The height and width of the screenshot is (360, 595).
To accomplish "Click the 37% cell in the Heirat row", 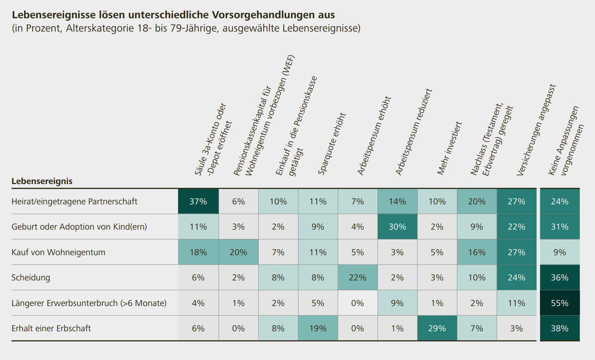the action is [198, 202].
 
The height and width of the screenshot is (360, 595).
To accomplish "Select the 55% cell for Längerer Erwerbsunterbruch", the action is [560, 303].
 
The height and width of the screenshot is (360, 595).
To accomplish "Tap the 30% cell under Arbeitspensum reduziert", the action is [397, 227].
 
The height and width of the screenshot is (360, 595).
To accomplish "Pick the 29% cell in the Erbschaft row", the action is [437, 328].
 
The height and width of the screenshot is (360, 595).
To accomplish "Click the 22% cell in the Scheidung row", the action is [358, 277].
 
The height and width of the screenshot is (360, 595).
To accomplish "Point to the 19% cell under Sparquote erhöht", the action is [318, 328].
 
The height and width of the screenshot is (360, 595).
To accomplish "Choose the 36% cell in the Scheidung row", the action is [560, 277].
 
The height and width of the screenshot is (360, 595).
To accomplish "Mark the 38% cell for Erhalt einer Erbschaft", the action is [560, 328].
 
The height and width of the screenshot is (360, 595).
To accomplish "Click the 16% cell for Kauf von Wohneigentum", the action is [477, 252].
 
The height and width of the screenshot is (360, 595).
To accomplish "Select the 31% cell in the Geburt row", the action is [560, 227].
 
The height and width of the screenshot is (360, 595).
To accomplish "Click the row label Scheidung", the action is [31, 278].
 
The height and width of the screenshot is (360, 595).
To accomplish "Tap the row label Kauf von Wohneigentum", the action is [59, 252].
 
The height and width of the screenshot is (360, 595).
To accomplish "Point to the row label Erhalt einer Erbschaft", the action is [51, 328].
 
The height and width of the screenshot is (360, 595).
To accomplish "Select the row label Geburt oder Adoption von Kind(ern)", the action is [79, 227].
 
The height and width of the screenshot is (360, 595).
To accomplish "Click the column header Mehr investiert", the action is [449, 148].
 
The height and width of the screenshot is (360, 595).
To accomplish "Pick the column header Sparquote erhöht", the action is [332, 144].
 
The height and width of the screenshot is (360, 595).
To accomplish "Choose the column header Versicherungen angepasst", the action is [536, 130].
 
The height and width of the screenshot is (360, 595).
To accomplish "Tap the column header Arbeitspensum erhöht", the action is [374, 136].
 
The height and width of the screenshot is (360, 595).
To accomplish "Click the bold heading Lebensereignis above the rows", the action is [42, 181].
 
